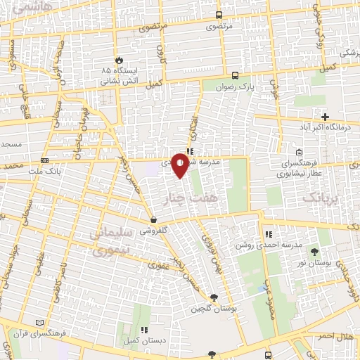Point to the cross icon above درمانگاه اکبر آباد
[325, 116]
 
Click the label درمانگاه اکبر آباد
[325, 127]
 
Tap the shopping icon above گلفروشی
[153, 219]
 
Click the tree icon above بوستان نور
[314, 251]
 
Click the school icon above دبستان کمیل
[145, 330]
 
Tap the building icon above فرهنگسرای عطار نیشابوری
[300, 152]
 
